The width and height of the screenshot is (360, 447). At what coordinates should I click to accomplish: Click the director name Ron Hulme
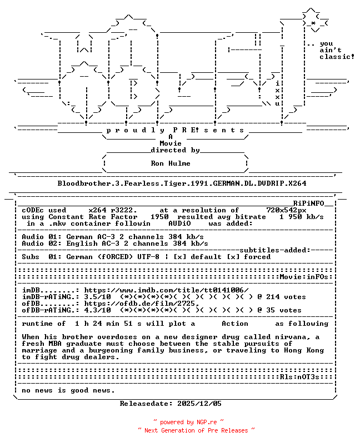[171, 163]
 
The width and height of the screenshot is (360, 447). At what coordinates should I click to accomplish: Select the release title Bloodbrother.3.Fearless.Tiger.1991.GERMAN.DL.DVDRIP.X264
[182, 183]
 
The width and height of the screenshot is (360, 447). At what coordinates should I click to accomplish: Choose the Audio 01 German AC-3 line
[115, 237]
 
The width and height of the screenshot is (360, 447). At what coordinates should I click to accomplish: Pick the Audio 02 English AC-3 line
[115, 244]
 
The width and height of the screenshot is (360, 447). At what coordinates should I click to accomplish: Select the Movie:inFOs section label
[306, 277]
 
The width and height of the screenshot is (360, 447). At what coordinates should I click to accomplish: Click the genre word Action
[235, 324]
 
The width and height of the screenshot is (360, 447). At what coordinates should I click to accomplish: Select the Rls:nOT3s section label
[306, 377]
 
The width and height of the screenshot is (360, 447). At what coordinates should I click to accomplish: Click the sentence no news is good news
[68, 390]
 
